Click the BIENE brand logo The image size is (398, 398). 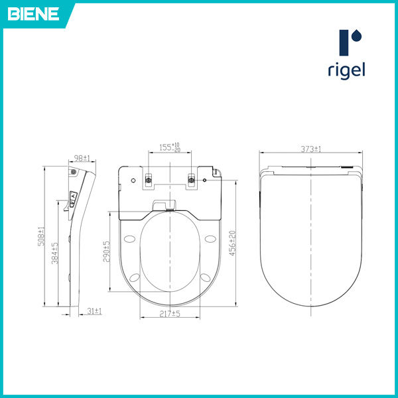click(x=33, y=13)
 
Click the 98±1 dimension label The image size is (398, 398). click(x=82, y=158)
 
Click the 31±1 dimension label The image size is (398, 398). click(x=94, y=310)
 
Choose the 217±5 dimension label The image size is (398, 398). click(x=170, y=313)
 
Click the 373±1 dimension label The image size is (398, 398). click(x=309, y=149)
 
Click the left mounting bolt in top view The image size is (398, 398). click(x=149, y=178)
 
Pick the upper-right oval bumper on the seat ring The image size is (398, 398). click(x=210, y=239)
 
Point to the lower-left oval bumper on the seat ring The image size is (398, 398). click(x=136, y=278)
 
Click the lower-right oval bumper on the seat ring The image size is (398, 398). click(x=206, y=278)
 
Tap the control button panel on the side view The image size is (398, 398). click(x=74, y=198)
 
